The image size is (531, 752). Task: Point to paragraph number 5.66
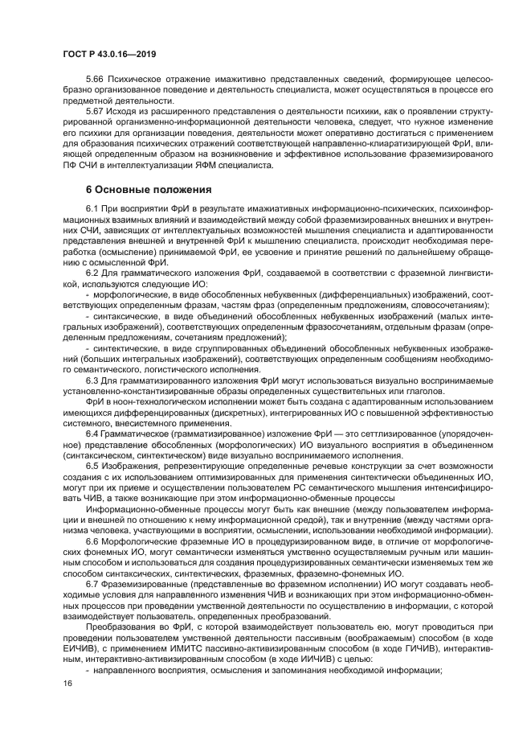click(94, 81)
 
